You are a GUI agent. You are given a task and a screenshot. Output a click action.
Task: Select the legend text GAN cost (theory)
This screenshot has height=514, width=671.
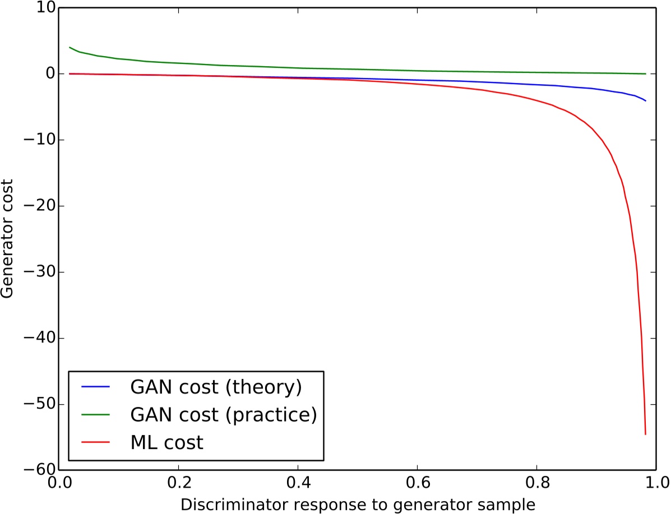(216, 387)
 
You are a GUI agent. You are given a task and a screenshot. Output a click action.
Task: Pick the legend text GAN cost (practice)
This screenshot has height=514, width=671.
(224, 415)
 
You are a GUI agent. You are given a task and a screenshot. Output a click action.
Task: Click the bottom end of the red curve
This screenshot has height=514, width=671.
(646, 434)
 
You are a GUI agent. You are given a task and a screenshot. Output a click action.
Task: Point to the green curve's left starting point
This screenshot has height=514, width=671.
(69, 47)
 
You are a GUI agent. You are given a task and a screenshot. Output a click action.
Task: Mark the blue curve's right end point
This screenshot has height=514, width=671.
(646, 101)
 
